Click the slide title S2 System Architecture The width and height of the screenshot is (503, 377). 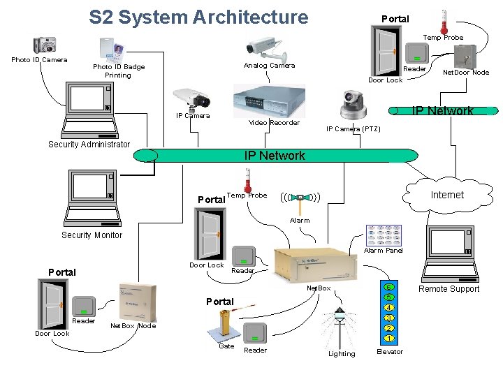(x=198, y=17)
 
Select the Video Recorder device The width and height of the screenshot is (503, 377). (x=269, y=101)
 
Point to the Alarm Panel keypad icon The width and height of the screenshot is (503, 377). (x=384, y=235)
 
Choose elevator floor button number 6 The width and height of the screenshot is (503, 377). (x=389, y=288)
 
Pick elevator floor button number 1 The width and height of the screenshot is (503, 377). (x=389, y=339)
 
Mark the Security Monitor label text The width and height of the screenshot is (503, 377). (x=92, y=235)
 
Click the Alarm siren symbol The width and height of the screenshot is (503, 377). (x=301, y=198)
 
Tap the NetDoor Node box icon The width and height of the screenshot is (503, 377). (x=465, y=56)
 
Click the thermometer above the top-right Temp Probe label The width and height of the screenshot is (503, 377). (x=444, y=21)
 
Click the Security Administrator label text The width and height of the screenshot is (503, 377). (x=89, y=145)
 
